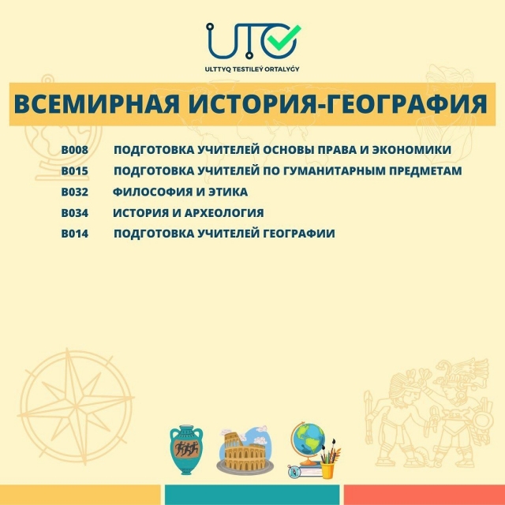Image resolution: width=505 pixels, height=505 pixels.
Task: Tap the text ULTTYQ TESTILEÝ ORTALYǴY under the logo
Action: [x=252, y=69]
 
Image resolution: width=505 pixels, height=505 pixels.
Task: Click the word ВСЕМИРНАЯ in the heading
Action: [x=96, y=104]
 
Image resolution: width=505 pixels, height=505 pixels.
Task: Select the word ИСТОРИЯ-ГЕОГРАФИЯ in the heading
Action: [x=338, y=104]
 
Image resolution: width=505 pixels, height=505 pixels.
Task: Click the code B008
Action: [x=75, y=150]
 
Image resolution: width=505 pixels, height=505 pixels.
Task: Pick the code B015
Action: [x=75, y=171]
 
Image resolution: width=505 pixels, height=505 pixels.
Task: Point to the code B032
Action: [x=75, y=192]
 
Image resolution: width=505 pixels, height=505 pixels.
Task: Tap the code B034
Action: [x=75, y=213]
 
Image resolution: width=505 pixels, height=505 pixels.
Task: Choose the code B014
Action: [x=75, y=234]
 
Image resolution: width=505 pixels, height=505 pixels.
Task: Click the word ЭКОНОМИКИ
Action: [x=412, y=150]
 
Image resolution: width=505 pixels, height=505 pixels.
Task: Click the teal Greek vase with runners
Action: [x=186, y=450]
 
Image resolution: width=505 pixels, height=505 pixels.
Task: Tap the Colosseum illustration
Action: [x=245, y=451]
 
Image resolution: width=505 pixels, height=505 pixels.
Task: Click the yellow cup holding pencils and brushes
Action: [x=327, y=469]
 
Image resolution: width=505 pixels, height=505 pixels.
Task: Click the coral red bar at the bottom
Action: [x=425, y=495]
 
